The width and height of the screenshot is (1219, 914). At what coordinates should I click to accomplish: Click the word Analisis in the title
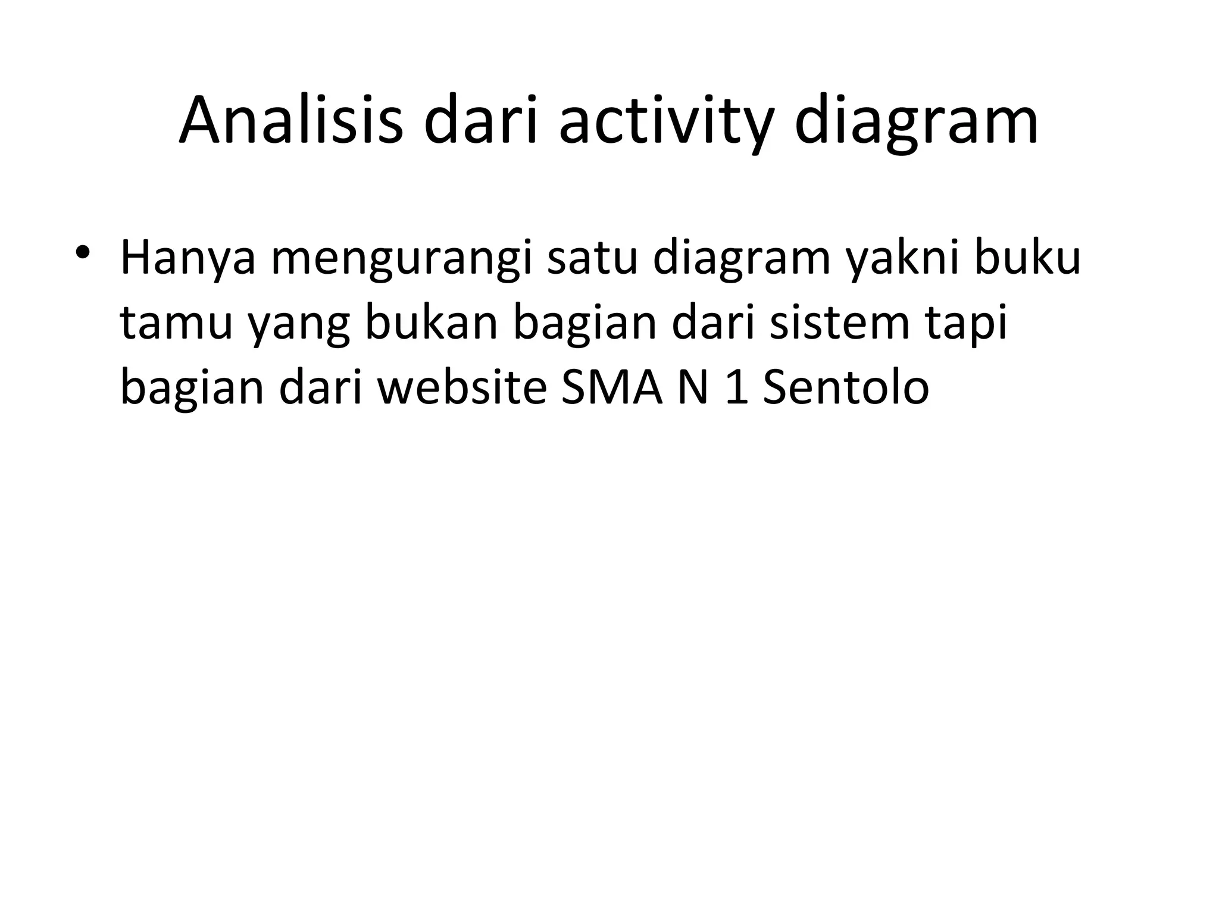(x=290, y=121)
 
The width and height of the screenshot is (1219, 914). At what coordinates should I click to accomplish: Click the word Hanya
(x=187, y=259)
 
